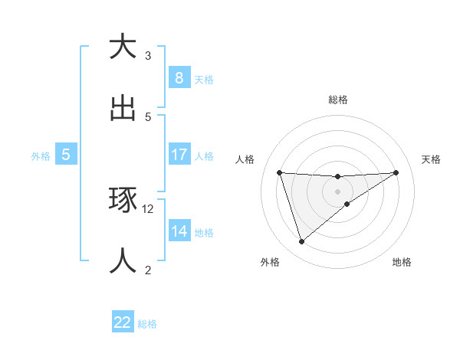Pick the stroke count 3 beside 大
pyautogui.click(x=148, y=56)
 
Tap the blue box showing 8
pyautogui.click(x=179, y=77)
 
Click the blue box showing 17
pyautogui.click(x=179, y=155)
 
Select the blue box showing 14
pyautogui.click(x=179, y=231)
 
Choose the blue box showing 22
pyautogui.click(x=123, y=322)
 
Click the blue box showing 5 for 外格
pyautogui.click(x=66, y=155)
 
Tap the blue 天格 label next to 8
pyautogui.click(x=204, y=79)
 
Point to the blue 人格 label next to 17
pyautogui.click(x=204, y=155)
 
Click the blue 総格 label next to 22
pyautogui.click(x=147, y=324)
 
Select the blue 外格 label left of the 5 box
pyautogui.click(x=41, y=155)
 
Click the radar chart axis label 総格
pyautogui.click(x=338, y=100)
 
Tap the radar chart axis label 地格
pyautogui.click(x=402, y=263)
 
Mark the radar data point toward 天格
pyautogui.click(x=396, y=172)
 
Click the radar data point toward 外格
pyautogui.click(x=301, y=242)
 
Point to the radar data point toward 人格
pyautogui.click(x=280, y=172)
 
